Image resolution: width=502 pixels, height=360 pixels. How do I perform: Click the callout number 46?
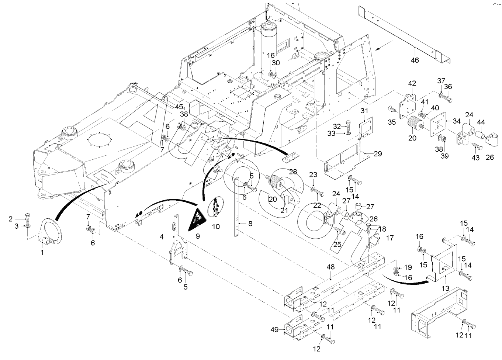pyautogui.click(x=415, y=60)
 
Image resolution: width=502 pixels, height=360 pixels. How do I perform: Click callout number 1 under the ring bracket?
pyautogui.click(x=42, y=253)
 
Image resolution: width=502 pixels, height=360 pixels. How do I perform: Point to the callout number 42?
pyautogui.click(x=412, y=83)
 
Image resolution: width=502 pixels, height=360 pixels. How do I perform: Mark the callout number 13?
pyautogui.click(x=445, y=288)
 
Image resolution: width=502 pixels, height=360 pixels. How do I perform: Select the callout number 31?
pyautogui.click(x=364, y=111)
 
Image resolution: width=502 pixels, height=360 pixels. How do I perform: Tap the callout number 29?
pyautogui.click(x=378, y=154)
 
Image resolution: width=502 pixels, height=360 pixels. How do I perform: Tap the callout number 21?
pyautogui.click(x=284, y=211)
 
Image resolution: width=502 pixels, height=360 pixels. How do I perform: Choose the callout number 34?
pyautogui.click(x=457, y=121)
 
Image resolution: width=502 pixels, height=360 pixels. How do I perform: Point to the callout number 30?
pyautogui.click(x=276, y=63)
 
